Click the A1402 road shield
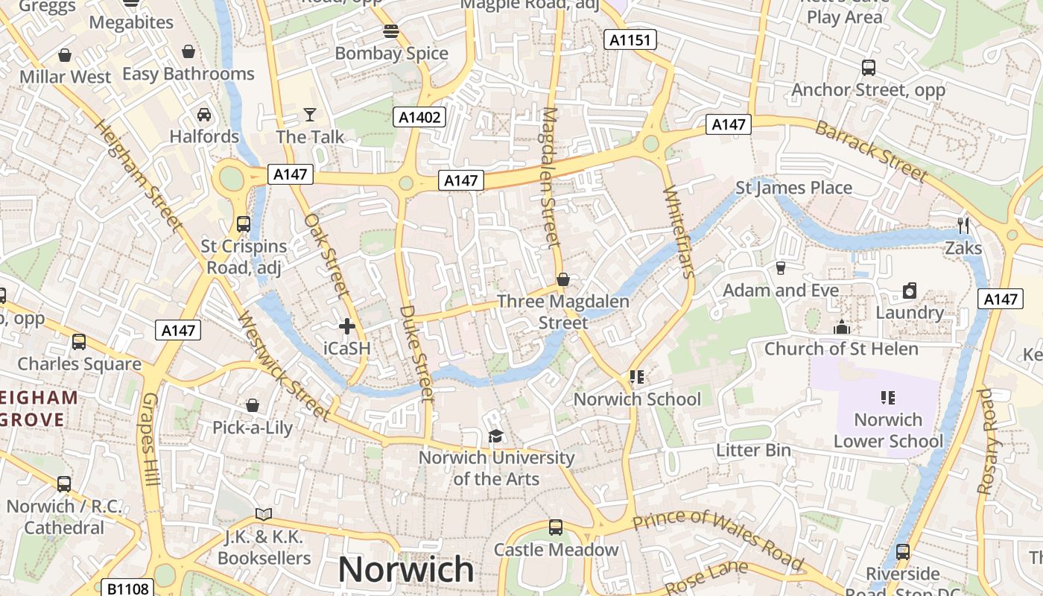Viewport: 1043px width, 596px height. tap(419, 117)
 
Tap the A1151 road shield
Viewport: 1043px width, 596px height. tap(630, 40)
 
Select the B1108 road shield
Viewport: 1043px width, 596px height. tap(128, 589)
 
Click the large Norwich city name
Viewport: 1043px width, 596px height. tap(406, 570)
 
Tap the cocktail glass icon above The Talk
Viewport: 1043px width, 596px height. tap(310, 115)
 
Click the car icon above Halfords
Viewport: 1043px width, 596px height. tap(204, 115)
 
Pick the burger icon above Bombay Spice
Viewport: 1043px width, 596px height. tap(391, 31)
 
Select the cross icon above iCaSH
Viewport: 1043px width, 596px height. tap(347, 326)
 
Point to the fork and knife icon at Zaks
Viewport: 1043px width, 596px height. tap(963, 225)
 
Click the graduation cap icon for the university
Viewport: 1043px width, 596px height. tap(495, 436)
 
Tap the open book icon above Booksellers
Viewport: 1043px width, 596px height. tap(264, 514)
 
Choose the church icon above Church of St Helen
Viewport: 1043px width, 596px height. tap(842, 327)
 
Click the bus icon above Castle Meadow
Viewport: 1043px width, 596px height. tap(556, 527)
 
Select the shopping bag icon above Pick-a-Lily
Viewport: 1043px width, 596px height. tap(253, 405)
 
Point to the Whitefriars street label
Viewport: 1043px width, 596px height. tap(678, 231)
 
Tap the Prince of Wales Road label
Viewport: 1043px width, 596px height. tap(718, 538)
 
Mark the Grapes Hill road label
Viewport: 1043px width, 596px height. tap(150, 440)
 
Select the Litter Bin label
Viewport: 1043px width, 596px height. tap(753, 451)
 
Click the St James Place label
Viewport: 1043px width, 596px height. tap(793, 188)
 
